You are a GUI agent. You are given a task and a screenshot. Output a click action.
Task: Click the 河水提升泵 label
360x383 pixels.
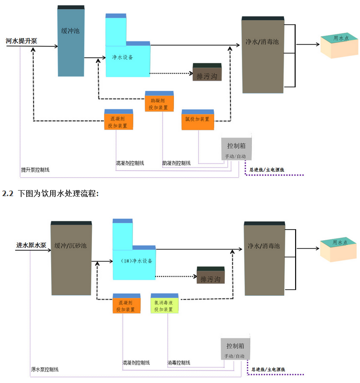coord(22,41)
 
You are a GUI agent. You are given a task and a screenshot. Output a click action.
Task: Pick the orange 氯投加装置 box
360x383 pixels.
coord(197,119)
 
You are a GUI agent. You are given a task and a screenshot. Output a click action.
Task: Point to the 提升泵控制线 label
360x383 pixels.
coord(35,170)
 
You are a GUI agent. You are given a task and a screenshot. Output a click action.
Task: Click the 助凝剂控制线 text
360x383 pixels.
coord(176,163)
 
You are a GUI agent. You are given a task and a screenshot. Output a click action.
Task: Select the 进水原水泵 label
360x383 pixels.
coord(31,245)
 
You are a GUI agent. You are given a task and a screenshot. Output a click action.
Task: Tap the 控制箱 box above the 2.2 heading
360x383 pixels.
coord(236,149)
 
